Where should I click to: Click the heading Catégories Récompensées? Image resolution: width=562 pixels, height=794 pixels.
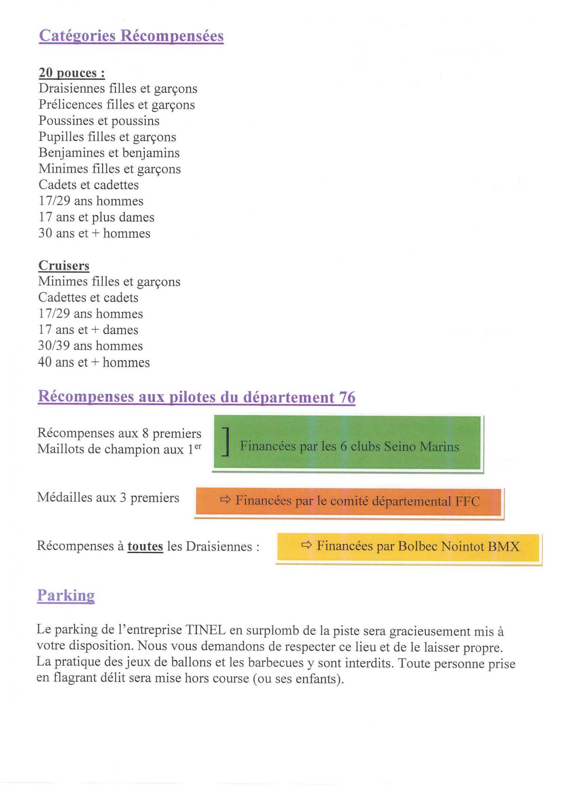(x=131, y=36)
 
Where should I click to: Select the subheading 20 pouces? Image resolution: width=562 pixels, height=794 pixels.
(x=72, y=73)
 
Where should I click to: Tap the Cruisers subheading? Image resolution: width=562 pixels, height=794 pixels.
(x=64, y=265)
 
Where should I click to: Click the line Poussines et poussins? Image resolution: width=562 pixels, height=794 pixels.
(x=99, y=121)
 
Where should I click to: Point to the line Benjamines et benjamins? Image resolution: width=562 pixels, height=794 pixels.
(x=109, y=153)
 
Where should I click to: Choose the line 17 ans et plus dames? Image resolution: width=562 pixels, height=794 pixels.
(x=96, y=217)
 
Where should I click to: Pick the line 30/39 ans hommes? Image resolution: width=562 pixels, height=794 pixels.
(x=90, y=346)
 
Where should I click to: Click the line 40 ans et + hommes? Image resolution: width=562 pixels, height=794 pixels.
(x=94, y=362)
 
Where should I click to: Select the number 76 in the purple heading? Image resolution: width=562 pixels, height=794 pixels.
(x=347, y=397)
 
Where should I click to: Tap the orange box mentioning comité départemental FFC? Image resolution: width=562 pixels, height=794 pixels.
(x=348, y=502)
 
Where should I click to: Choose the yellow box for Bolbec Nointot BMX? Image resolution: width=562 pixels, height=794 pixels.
(x=408, y=547)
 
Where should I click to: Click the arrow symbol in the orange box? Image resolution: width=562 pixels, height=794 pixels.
(x=225, y=500)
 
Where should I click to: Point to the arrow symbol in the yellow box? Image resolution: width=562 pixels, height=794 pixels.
(x=306, y=545)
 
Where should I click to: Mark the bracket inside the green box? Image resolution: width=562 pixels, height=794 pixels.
(x=226, y=442)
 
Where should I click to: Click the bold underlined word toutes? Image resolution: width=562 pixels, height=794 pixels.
(x=145, y=546)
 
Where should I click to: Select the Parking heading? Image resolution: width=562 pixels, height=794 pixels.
(x=66, y=595)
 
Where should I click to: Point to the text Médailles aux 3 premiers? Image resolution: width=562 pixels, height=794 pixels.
(x=108, y=497)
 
